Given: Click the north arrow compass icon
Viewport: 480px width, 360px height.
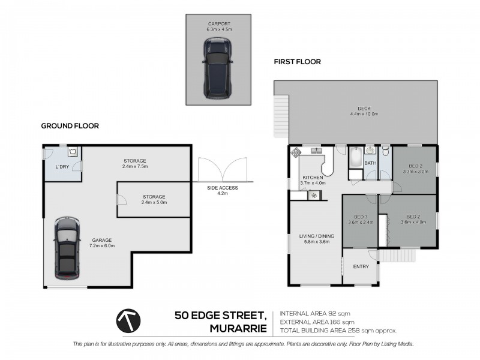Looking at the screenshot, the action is (x=128, y=321).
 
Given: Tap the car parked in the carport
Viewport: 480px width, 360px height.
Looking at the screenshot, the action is (x=217, y=68).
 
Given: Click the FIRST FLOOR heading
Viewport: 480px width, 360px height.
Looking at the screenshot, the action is (x=297, y=62).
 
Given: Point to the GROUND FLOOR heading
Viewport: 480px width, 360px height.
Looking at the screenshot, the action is (x=70, y=126).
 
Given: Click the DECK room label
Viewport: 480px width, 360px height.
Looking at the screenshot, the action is (x=364, y=109).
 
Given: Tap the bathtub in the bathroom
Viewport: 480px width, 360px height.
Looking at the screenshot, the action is (x=356, y=157).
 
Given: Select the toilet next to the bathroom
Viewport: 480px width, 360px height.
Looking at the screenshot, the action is (x=385, y=151).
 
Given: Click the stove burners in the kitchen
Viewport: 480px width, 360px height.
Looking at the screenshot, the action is (x=296, y=152).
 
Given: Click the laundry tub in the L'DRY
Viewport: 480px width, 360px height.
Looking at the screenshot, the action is (x=73, y=151).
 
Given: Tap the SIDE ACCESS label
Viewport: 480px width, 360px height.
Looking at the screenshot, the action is (x=222, y=188).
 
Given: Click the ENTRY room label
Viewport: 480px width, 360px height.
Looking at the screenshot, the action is (x=361, y=266).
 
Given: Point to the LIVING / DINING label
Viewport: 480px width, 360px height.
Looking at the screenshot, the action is (x=317, y=236).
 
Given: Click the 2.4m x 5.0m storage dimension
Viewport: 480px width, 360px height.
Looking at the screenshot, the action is (x=154, y=202).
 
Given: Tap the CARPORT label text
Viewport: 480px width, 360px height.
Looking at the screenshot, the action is (x=219, y=24).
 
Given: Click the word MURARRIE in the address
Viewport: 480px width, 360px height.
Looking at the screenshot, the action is (x=238, y=328).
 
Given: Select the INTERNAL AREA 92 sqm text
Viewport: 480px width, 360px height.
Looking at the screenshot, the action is (x=315, y=313).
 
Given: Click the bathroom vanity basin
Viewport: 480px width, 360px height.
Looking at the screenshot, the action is (x=370, y=151).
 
